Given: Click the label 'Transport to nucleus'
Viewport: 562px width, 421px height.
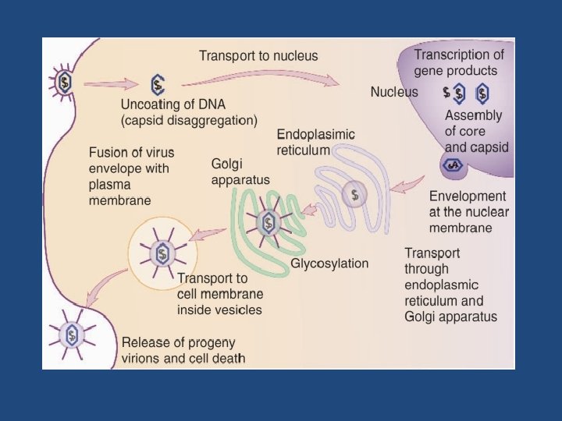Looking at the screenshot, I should point(258,56).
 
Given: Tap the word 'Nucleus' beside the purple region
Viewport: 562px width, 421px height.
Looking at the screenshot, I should point(393,92).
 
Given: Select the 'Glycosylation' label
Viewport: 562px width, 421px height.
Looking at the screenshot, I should point(329,264).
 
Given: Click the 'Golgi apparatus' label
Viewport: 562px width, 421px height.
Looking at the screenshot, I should point(240,172).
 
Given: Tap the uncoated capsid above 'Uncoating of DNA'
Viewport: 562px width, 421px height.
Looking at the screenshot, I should point(158,83).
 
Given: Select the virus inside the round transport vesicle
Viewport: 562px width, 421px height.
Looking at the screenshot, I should point(162,252).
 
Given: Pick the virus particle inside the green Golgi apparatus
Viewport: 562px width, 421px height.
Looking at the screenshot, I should point(269,222).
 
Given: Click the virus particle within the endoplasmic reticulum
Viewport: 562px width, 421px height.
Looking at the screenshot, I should point(355,194).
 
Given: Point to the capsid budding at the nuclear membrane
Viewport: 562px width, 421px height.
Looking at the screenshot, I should point(454,165).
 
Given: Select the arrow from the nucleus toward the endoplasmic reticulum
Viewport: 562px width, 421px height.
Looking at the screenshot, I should point(405,186).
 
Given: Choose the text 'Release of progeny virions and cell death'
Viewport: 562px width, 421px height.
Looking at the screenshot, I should point(183,351).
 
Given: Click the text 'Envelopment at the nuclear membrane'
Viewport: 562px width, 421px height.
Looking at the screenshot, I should point(468,212).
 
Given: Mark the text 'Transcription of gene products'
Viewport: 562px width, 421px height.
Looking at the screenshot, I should point(458,62).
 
